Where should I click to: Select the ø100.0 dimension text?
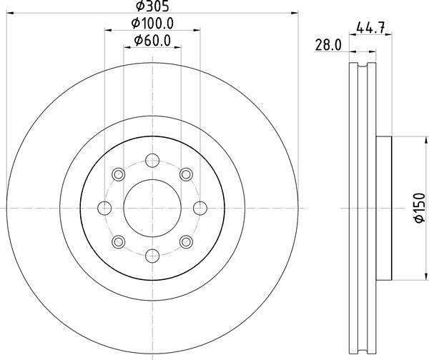(153, 24)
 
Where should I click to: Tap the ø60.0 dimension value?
(152, 41)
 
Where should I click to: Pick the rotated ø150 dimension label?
(419, 208)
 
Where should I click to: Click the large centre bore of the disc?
(152, 207)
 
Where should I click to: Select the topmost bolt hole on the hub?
(152, 160)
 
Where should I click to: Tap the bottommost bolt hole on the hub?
(152, 254)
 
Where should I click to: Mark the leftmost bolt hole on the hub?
(104, 207)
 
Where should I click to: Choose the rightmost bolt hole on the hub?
(199, 207)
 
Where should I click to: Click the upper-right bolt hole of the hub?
(185, 174)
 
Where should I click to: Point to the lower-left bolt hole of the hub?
(118, 241)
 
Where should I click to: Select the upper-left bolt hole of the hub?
(118, 174)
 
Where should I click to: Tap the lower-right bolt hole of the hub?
(185, 241)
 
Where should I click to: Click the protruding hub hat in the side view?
(385, 207)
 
